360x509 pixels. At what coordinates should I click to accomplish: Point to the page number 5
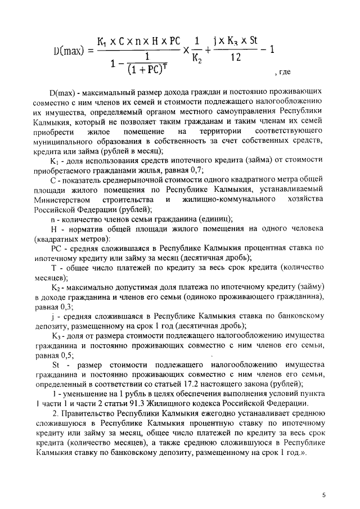coord(323,494)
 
